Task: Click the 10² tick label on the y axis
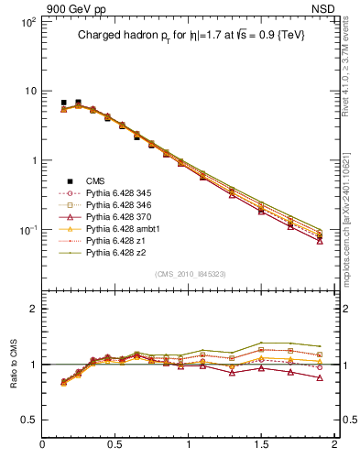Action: [27, 22]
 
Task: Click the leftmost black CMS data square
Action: [63, 103]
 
